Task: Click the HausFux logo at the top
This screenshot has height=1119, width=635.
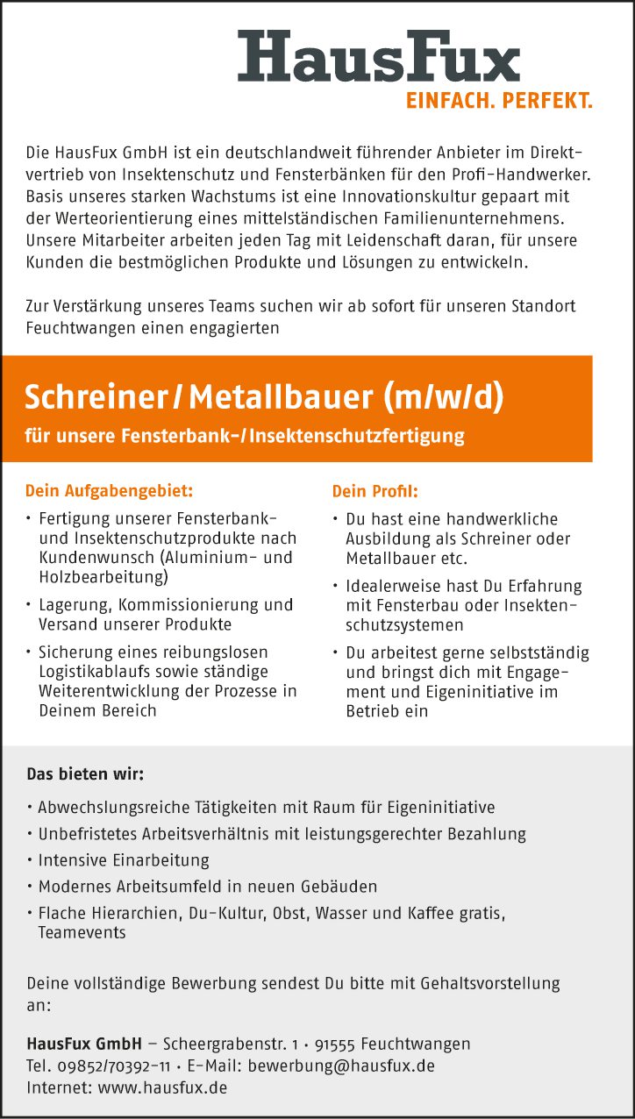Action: click(x=379, y=57)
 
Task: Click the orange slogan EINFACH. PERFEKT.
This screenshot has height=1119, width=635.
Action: click(x=498, y=101)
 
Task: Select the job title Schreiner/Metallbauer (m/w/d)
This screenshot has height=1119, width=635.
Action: click(x=264, y=397)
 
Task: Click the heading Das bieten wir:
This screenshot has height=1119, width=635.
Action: click(x=85, y=774)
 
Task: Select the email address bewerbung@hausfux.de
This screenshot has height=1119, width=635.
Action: click(x=341, y=1066)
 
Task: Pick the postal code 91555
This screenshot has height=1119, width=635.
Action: click(x=334, y=1044)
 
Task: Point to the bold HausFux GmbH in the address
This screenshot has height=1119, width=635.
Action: click(x=84, y=1044)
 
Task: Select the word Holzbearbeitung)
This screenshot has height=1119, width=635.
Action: click(x=103, y=577)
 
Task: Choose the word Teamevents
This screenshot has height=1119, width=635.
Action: click(x=82, y=932)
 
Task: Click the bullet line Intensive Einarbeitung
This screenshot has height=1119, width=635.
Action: click(x=124, y=860)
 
